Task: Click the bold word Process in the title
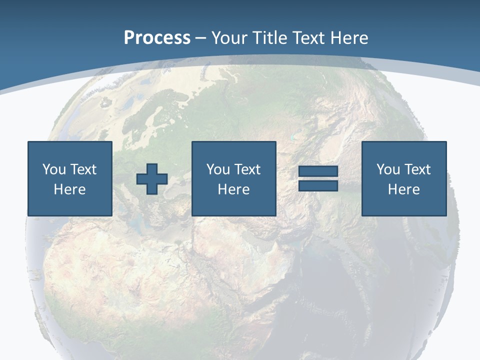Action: (x=157, y=38)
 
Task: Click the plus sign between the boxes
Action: (x=152, y=178)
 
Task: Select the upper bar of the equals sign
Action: (x=318, y=171)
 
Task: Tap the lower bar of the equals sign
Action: (x=318, y=185)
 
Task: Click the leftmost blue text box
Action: (x=70, y=178)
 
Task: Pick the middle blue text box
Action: (x=234, y=178)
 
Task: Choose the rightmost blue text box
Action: (x=404, y=178)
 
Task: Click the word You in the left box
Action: (x=54, y=169)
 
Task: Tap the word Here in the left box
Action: (x=70, y=189)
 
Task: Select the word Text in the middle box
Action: (x=247, y=169)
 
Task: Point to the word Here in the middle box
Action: (x=234, y=189)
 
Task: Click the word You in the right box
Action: (x=388, y=169)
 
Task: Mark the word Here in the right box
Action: (x=404, y=189)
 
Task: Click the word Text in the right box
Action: (x=417, y=169)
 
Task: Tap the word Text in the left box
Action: (x=83, y=169)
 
